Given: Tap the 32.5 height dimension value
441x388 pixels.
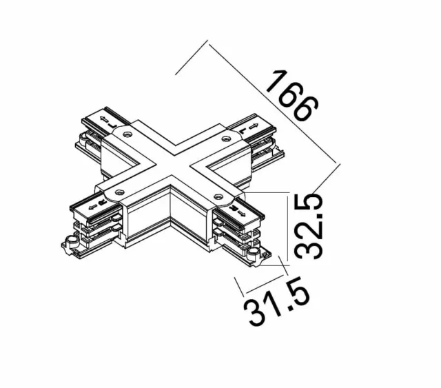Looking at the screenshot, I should pos(311,226).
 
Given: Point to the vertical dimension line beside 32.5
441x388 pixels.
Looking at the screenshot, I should pos(286,227).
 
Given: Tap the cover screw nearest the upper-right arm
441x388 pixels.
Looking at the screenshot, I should pos(225,139).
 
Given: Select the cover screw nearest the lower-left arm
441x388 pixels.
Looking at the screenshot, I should pos(120,193).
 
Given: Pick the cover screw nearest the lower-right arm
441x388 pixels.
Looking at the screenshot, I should pos(220,197).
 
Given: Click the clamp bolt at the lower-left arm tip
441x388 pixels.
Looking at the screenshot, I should pos(68,243).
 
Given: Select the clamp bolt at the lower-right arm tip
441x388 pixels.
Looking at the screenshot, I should pos(261,257).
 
